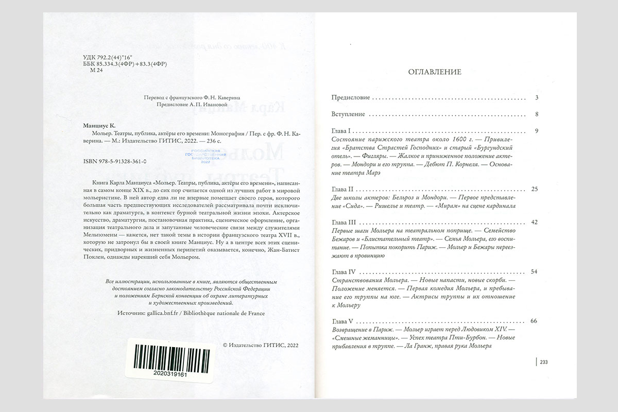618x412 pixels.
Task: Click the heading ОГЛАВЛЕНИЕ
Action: pyautogui.click(x=434, y=72)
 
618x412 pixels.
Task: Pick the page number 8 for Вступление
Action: pyautogui.click(x=536, y=114)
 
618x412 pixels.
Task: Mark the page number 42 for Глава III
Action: pyautogui.click(x=534, y=221)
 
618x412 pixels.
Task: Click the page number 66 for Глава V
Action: pyautogui.click(x=534, y=321)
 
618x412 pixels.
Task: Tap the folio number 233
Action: pyautogui.click(x=544, y=363)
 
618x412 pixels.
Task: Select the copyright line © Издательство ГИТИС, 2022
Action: pyautogui.click(x=261, y=346)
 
